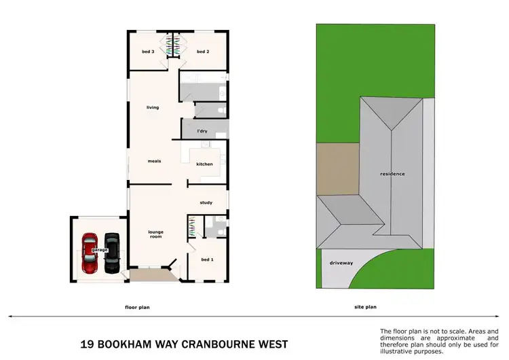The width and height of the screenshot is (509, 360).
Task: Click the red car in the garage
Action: [x=90, y=253]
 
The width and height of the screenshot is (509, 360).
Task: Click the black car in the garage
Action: [x=111, y=252]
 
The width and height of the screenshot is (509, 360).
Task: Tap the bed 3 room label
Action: [x=148, y=52]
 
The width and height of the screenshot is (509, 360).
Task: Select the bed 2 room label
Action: [x=203, y=52]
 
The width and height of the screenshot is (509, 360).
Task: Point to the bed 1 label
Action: [x=207, y=259]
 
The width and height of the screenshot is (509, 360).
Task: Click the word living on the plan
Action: [x=153, y=107]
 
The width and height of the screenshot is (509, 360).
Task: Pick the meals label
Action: [x=154, y=161]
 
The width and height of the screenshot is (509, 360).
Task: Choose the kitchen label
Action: [x=204, y=164]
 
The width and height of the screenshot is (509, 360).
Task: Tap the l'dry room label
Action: [x=202, y=130]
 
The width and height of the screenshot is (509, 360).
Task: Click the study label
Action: [x=206, y=202]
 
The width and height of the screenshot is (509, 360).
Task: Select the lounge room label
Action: [x=156, y=235]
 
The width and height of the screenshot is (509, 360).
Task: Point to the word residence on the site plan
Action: [x=392, y=174]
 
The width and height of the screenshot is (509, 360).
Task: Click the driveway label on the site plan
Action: [x=341, y=263]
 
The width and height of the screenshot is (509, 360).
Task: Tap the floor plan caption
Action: [x=137, y=307]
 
